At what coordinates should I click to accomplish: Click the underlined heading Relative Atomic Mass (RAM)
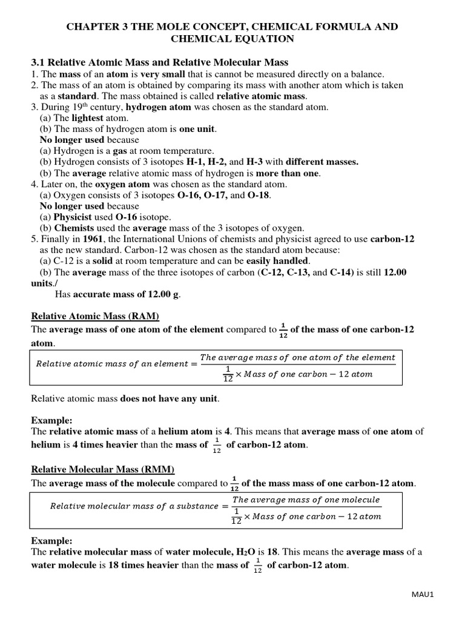(x=95, y=316)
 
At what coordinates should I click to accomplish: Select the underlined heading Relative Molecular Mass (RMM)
(x=102, y=469)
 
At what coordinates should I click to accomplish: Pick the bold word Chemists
(x=75, y=228)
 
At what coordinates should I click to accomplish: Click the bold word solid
(x=96, y=261)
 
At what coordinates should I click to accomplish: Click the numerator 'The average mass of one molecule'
(x=306, y=500)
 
